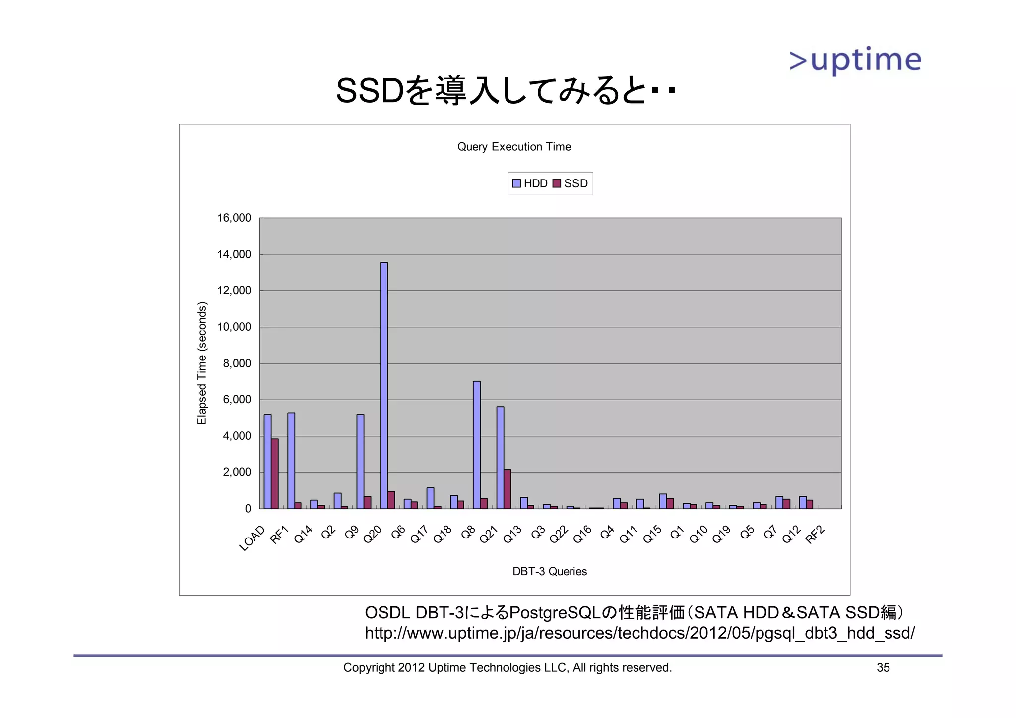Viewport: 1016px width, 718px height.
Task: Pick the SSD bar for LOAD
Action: click(x=275, y=474)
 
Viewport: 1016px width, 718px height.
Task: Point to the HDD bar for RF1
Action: click(x=291, y=461)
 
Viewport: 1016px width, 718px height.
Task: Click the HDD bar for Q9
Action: click(x=360, y=461)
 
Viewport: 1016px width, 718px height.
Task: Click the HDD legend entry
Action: click(x=530, y=183)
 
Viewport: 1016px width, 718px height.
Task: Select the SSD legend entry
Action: click(x=571, y=183)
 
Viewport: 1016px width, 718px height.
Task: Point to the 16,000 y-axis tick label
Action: click(x=234, y=218)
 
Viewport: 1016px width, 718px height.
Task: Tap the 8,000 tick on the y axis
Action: click(x=237, y=363)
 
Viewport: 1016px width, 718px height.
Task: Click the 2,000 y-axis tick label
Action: click(x=237, y=472)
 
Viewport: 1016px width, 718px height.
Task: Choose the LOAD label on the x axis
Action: click(x=253, y=538)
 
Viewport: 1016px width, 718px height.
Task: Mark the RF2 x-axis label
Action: click(x=815, y=535)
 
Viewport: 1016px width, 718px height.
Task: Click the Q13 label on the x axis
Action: click(x=512, y=535)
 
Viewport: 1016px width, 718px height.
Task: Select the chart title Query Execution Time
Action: click(x=514, y=147)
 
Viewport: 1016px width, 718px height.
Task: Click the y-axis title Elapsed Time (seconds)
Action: click(x=202, y=363)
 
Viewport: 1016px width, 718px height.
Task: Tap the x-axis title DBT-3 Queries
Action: click(x=550, y=572)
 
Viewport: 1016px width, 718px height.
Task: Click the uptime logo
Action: click(x=855, y=60)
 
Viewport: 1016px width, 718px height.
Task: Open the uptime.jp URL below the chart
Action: click(x=639, y=633)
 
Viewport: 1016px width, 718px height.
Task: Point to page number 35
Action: click(x=883, y=668)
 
